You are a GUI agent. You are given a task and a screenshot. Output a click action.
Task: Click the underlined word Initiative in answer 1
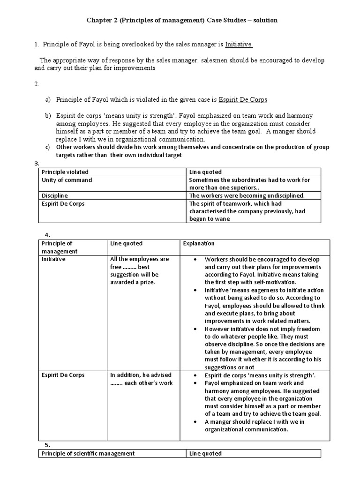(x=239, y=45)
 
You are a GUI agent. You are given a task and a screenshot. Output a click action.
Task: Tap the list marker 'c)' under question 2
(x=47, y=147)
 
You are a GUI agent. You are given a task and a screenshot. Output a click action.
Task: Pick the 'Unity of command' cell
(x=67, y=180)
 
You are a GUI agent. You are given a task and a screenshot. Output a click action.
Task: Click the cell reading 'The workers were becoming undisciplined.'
(x=247, y=195)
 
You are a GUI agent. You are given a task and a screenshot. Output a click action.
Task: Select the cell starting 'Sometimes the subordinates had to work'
(x=249, y=183)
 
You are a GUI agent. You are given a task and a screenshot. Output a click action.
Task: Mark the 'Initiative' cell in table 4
(x=54, y=259)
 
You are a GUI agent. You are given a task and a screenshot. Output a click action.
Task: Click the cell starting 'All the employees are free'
(x=139, y=270)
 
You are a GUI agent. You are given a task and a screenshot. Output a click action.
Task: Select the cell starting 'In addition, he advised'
(x=141, y=379)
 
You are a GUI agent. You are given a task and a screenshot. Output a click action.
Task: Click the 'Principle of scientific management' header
(x=88, y=453)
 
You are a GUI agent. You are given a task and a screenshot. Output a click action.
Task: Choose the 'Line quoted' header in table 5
(x=205, y=453)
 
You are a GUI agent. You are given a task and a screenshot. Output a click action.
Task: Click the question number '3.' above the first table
(x=37, y=163)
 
